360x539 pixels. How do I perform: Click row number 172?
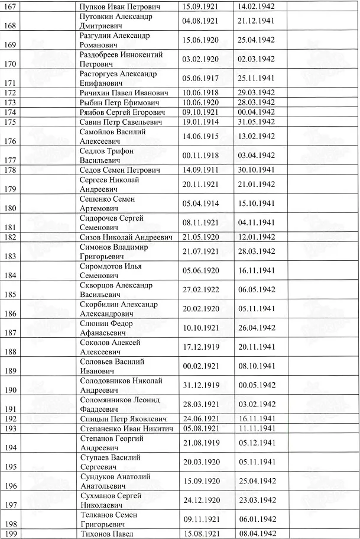(9, 93)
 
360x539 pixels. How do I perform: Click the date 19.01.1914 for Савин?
(200, 122)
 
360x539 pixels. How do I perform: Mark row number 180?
(9, 208)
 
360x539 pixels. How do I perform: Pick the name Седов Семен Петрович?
(121, 170)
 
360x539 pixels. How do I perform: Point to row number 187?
(9, 333)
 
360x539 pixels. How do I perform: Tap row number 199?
(9, 534)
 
